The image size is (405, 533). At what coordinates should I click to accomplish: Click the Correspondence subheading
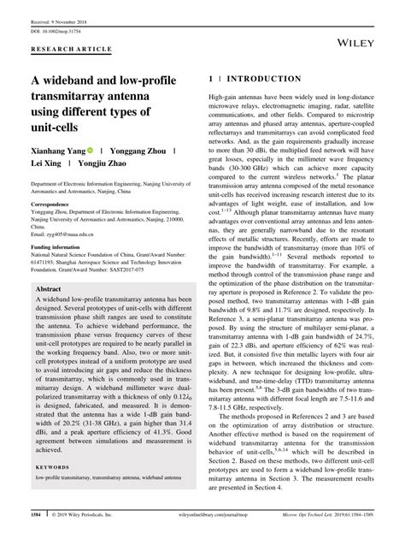coord(56,206)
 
